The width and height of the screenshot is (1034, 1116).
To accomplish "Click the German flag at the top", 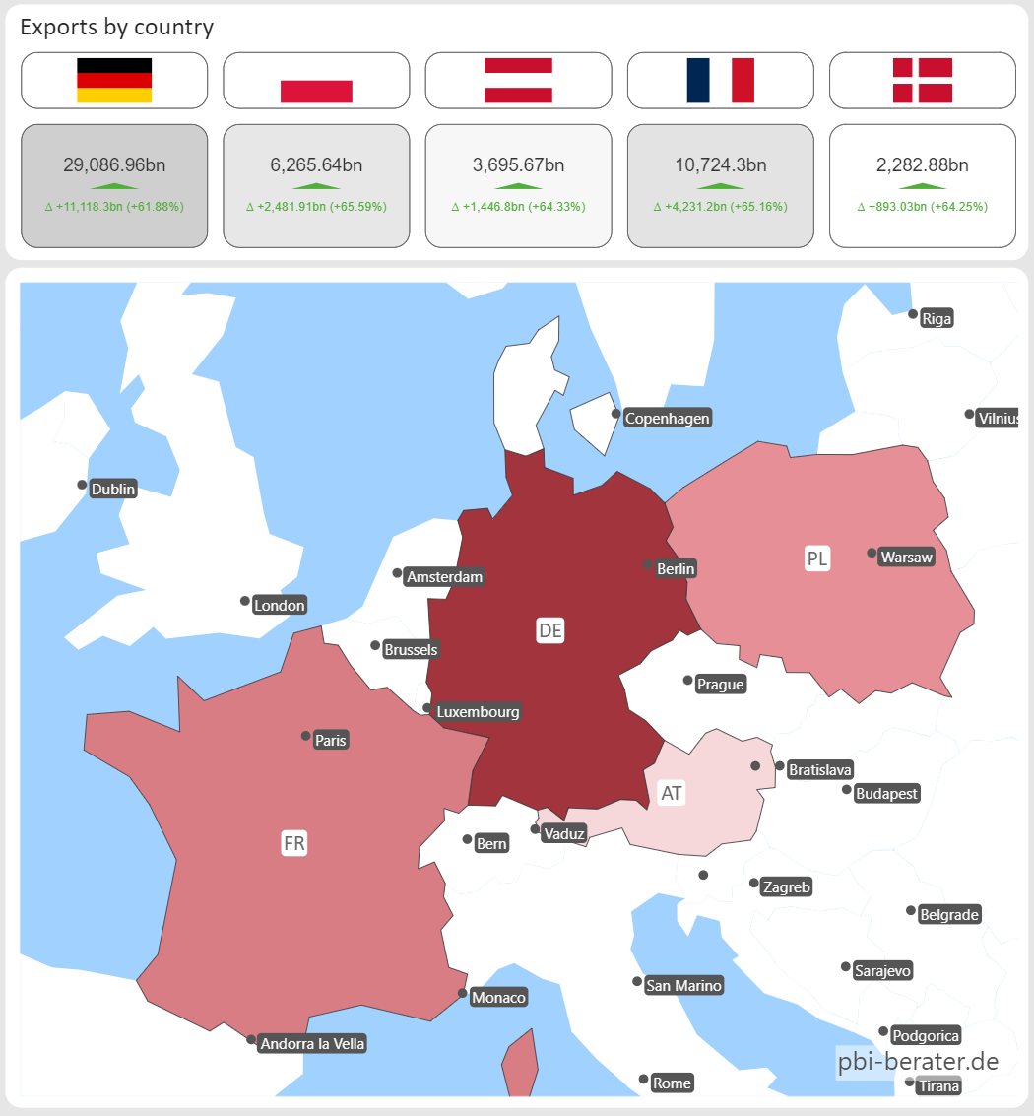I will point(114,81).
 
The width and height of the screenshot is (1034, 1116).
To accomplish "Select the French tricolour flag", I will point(720,80).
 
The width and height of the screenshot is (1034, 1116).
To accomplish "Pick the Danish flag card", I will point(922,80).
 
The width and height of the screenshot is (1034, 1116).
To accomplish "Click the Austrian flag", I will point(518,80).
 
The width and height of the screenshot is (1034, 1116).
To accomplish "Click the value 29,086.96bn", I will point(114,165).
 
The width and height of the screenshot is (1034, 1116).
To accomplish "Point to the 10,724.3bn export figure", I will point(720,165).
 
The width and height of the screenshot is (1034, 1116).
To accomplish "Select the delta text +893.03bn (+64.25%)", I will point(922,207).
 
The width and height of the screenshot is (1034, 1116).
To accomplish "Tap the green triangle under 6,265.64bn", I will point(316,185).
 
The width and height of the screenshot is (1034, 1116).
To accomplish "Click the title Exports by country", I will point(116,27).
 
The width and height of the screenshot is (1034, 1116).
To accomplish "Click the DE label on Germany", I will point(550,630).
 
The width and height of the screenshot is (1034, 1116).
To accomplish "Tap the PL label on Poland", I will point(817,558).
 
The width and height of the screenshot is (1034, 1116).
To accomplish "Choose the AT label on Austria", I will point(671,793).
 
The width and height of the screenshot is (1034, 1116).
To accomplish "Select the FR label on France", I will point(293,843).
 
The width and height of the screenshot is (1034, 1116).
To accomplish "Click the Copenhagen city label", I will point(667,419).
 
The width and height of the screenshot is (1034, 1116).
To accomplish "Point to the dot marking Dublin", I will point(83,485).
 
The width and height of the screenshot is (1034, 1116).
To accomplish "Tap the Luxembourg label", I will point(478,712).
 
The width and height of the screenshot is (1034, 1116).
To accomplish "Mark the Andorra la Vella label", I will point(312,1044).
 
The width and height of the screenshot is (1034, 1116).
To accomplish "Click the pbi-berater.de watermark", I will point(918,1062).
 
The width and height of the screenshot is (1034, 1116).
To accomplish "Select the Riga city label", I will point(937,318).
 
